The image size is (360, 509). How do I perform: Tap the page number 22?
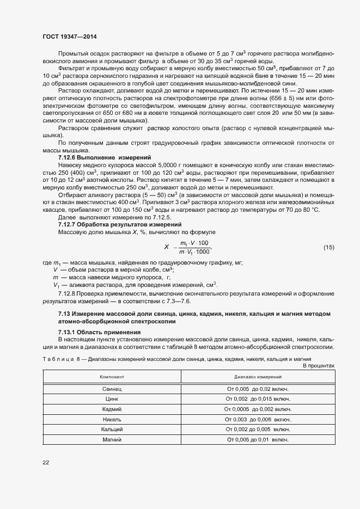pos(46,462)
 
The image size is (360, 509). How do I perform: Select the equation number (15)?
pos(328,247)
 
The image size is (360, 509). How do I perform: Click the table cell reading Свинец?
pos(112,389)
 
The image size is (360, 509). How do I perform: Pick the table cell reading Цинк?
pos(112,399)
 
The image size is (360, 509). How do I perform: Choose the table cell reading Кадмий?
pos(112,409)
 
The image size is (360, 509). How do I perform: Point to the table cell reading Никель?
pos(112,419)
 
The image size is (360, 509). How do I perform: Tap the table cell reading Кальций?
pos(112,430)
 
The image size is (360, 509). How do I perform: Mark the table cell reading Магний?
pos(112,439)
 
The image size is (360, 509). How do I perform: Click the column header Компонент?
pos(112,377)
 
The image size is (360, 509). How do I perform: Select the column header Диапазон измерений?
pos(258,377)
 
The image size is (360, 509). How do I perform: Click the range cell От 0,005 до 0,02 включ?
pos(258,389)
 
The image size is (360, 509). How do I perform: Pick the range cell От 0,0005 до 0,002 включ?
pos(258,409)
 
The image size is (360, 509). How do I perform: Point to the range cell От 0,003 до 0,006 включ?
pos(258,419)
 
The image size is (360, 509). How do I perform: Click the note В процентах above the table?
pos(318,366)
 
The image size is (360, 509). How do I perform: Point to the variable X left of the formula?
pos(166,247)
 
